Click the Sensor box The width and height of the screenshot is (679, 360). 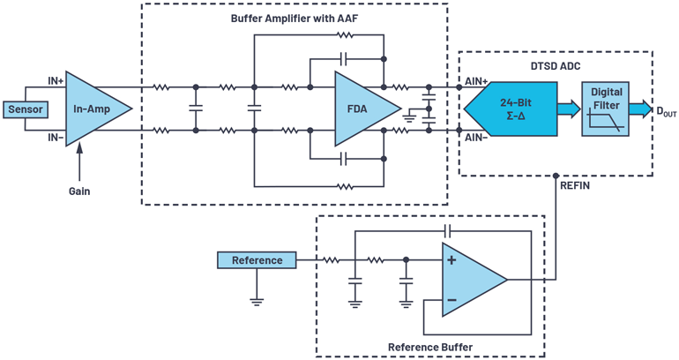[x=26, y=109]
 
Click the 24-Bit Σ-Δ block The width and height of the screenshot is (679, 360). [x=516, y=109]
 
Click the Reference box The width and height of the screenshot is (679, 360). [x=257, y=260]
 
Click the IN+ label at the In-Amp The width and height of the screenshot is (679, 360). [x=56, y=80]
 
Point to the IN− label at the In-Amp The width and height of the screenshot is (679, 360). [x=56, y=139]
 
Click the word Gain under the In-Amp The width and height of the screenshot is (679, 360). [x=80, y=191]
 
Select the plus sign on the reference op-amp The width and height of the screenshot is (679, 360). [x=452, y=260]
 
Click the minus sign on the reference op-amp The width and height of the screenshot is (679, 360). [x=452, y=300]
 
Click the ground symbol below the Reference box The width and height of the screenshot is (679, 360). [x=257, y=299]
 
